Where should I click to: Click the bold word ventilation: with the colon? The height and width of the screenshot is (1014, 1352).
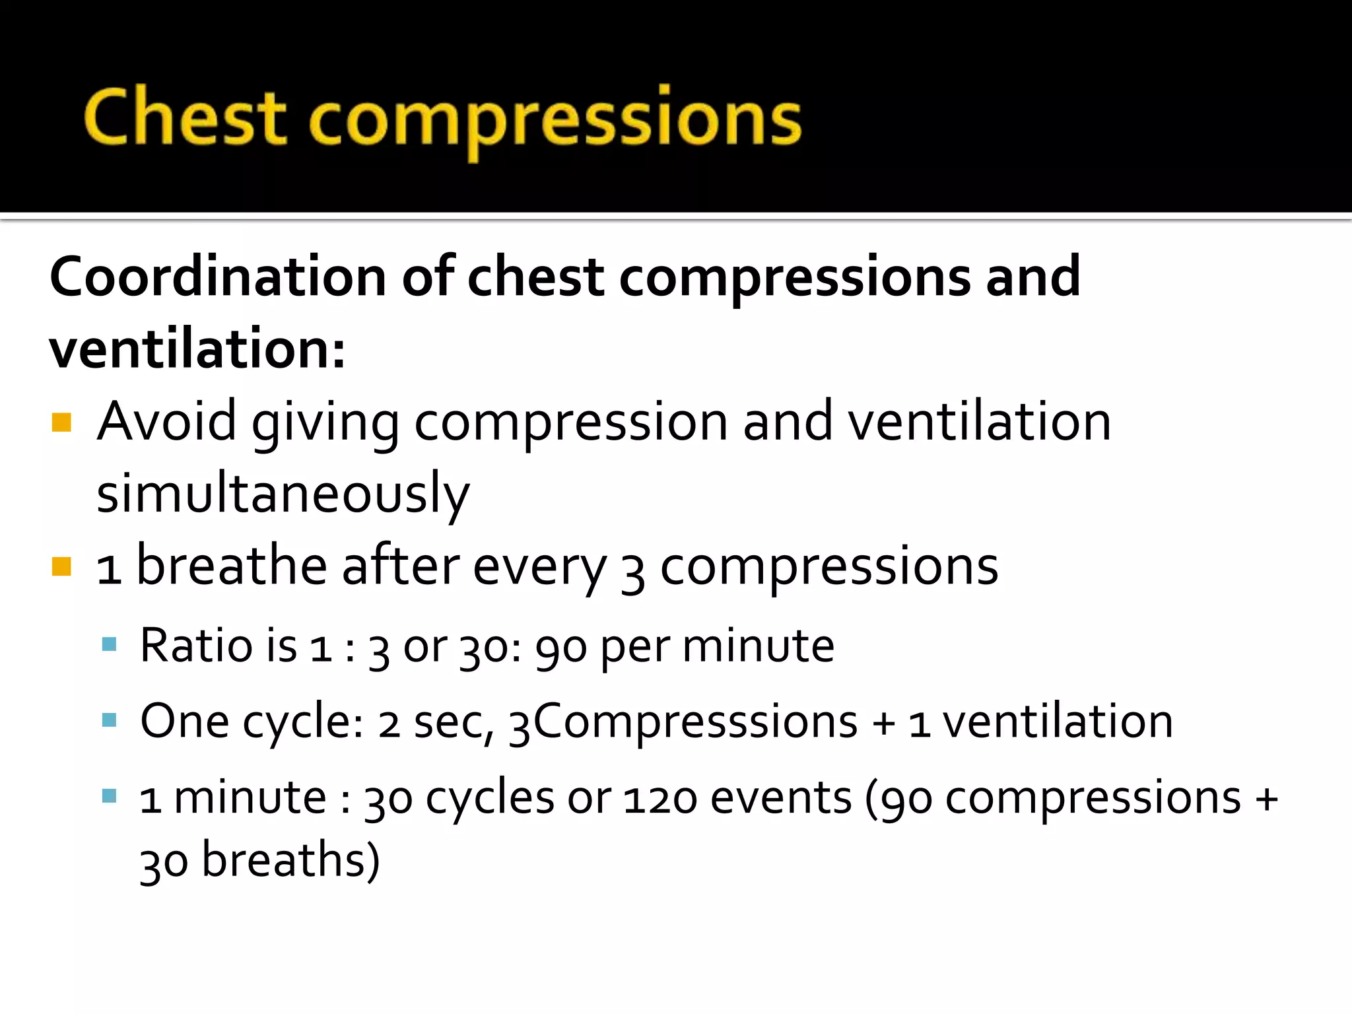[197, 349]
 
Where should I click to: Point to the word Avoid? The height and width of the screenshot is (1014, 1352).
[166, 422]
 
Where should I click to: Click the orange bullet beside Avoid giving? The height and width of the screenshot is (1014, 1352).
[61, 422]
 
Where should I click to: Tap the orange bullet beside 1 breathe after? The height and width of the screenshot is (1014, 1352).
[61, 566]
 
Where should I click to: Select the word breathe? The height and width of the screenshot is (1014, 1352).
[231, 566]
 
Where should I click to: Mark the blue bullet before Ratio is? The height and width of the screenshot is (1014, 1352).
[110, 644]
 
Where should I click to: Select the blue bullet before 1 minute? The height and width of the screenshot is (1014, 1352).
[110, 795]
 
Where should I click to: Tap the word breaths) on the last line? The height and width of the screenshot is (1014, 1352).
[290, 861]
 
